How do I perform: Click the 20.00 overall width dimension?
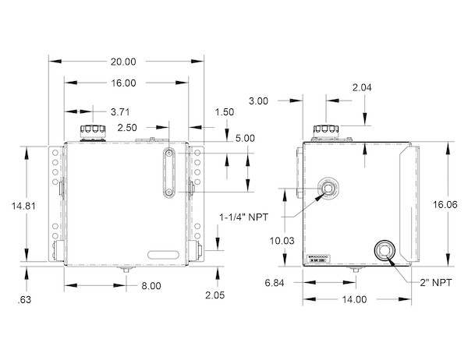(x=123, y=61)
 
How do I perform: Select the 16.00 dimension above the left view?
(x=123, y=82)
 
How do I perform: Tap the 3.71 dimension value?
(x=120, y=111)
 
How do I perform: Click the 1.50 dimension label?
(x=224, y=111)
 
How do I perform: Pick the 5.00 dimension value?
(x=245, y=138)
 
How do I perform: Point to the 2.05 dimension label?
(x=214, y=295)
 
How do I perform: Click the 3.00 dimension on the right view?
(x=259, y=101)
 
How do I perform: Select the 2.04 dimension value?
(x=363, y=87)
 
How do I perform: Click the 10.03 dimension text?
(x=283, y=241)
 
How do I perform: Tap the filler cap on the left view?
(x=92, y=129)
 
